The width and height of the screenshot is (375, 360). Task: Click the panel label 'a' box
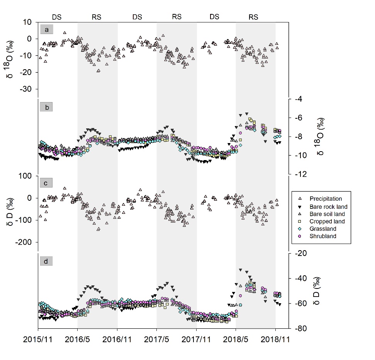click(x=46, y=29)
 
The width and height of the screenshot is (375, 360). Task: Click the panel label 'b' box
click(x=46, y=107)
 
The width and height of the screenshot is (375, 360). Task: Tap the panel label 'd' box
click(x=46, y=261)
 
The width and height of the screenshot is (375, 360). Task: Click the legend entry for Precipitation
click(x=321, y=199)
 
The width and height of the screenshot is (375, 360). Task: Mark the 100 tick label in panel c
click(x=26, y=176)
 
